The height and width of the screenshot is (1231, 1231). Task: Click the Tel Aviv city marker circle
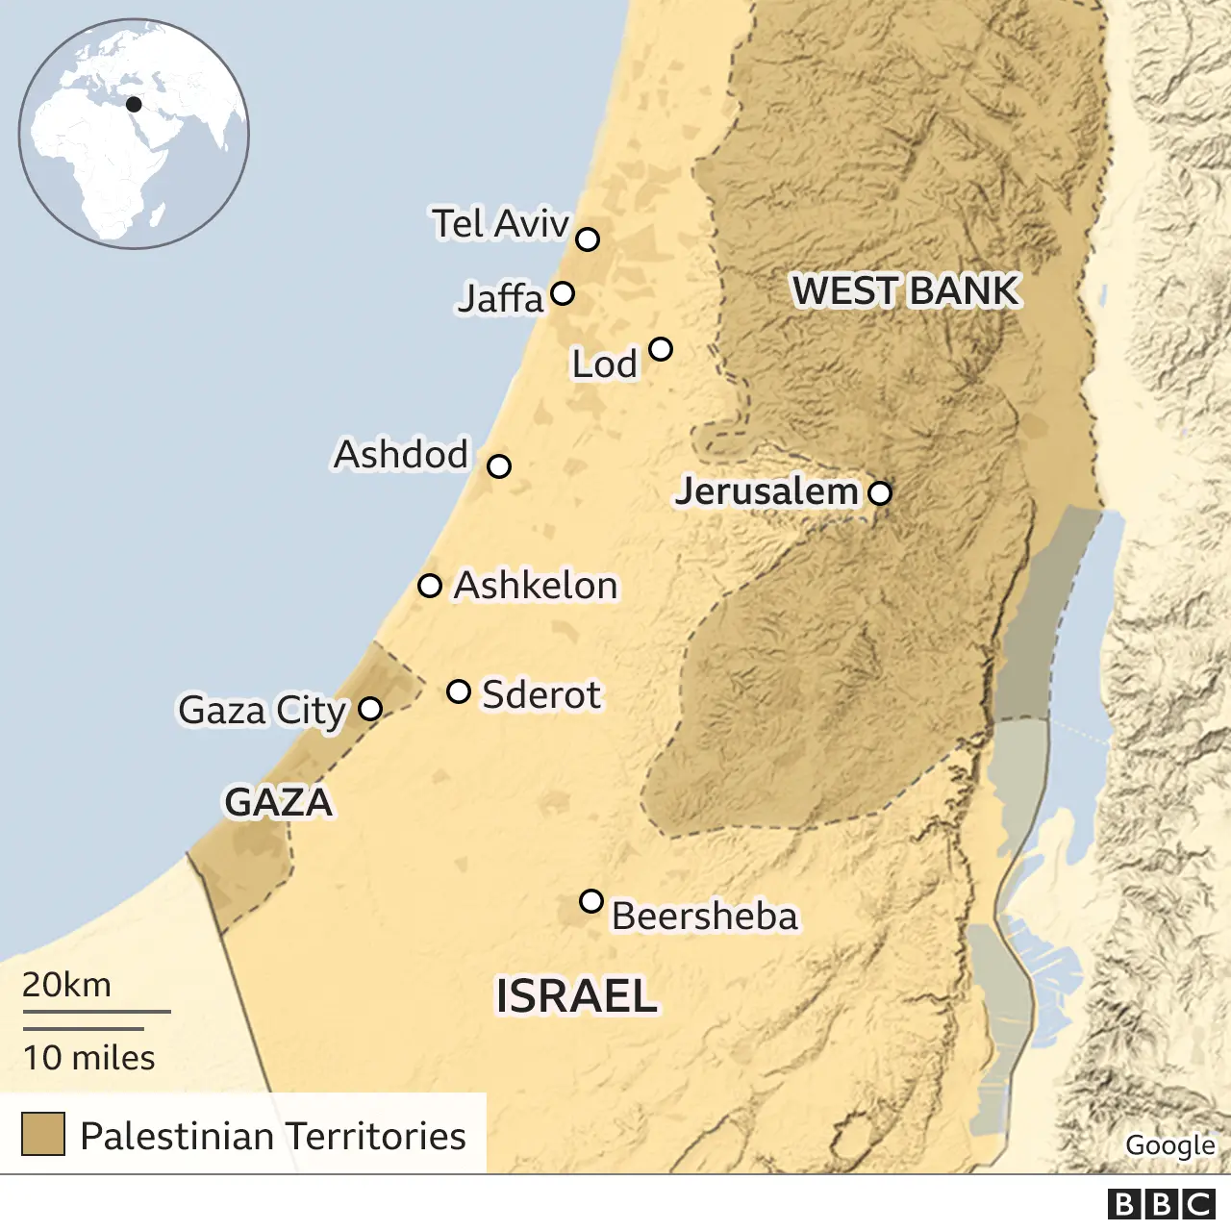pyautogui.click(x=588, y=239)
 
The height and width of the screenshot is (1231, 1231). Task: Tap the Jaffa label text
pyautogui.click(x=500, y=298)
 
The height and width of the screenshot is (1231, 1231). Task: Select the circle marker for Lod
pyautogui.click(x=660, y=349)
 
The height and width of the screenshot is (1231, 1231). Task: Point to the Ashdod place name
pyautogui.click(x=401, y=455)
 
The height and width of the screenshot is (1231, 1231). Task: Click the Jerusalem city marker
pyautogui.click(x=880, y=493)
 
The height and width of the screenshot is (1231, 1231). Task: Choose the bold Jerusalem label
pyautogui.click(x=766, y=491)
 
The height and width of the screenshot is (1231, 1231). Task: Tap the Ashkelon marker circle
pyautogui.click(x=430, y=586)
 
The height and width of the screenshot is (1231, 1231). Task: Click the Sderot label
pyautogui.click(x=540, y=694)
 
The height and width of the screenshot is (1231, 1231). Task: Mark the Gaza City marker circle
pyautogui.click(x=370, y=709)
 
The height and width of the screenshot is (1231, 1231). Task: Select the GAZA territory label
pyautogui.click(x=278, y=802)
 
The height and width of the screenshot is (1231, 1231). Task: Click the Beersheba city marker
pyautogui.click(x=591, y=901)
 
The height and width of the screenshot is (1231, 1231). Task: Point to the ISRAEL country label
pyautogui.click(x=576, y=996)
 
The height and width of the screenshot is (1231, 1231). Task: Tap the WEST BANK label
pyautogui.click(x=905, y=290)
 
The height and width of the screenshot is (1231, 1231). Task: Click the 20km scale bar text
pyautogui.click(x=67, y=985)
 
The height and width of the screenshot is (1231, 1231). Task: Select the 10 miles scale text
pyautogui.click(x=88, y=1058)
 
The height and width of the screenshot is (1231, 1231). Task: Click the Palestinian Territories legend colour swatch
pyautogui.click(x=43, y=1134)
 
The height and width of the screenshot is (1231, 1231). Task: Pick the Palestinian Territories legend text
pyautogui.click(x=273, y=1136)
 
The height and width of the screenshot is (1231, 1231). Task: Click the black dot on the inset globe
pyautogui.click(x=134, y=104)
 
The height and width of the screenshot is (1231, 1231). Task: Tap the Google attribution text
pyautogui.click(x=1169, y=1144)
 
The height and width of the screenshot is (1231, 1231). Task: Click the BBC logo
pyautogui.click(x=1162, y=1204)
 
